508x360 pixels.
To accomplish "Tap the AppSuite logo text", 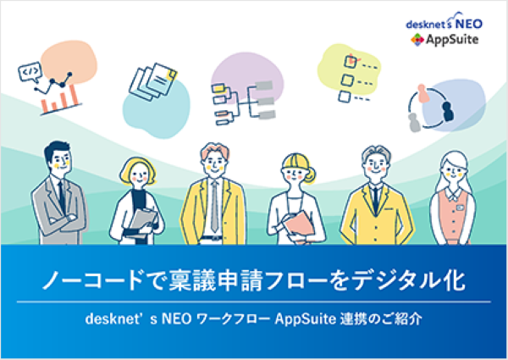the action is coord(452,40).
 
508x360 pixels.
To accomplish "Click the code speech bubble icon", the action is coord(30,71).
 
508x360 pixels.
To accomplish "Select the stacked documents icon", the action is coord(153,81).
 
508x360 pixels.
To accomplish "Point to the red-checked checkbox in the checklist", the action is coord(351,61).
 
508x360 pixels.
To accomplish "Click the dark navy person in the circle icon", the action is coord(448,111).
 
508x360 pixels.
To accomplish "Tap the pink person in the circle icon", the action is coord(422,93).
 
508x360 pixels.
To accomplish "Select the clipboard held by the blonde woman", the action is coord(141,223).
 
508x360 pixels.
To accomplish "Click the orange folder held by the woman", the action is coord(299,227).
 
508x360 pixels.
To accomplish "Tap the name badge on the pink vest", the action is coord(460,207).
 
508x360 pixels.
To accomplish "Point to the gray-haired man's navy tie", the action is coord(375,200).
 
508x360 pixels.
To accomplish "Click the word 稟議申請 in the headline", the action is coord(215,280).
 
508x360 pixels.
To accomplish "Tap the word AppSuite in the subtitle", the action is coord(305,319).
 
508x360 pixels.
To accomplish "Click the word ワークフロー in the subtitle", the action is coord(234,319).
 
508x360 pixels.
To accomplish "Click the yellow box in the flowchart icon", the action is coord(218,87).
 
